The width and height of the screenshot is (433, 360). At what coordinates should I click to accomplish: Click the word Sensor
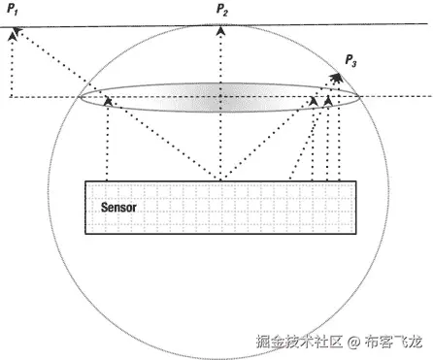121,208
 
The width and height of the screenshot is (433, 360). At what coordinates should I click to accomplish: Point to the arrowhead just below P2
222,30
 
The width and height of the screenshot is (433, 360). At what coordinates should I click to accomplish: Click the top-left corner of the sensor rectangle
85,181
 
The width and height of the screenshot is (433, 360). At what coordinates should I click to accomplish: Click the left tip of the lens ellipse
79,97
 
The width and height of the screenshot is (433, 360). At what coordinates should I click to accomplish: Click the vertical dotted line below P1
11,68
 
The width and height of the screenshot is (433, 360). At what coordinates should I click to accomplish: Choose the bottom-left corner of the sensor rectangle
85,233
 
